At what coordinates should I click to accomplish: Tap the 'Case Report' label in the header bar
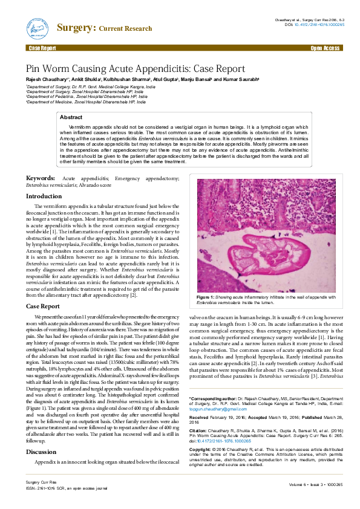(42, 48)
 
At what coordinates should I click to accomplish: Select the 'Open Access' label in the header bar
(325, 48)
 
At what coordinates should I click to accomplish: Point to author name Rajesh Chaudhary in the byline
(47, 79)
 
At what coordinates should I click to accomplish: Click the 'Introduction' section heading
(44, 196)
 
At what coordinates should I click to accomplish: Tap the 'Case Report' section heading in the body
(42, 306)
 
